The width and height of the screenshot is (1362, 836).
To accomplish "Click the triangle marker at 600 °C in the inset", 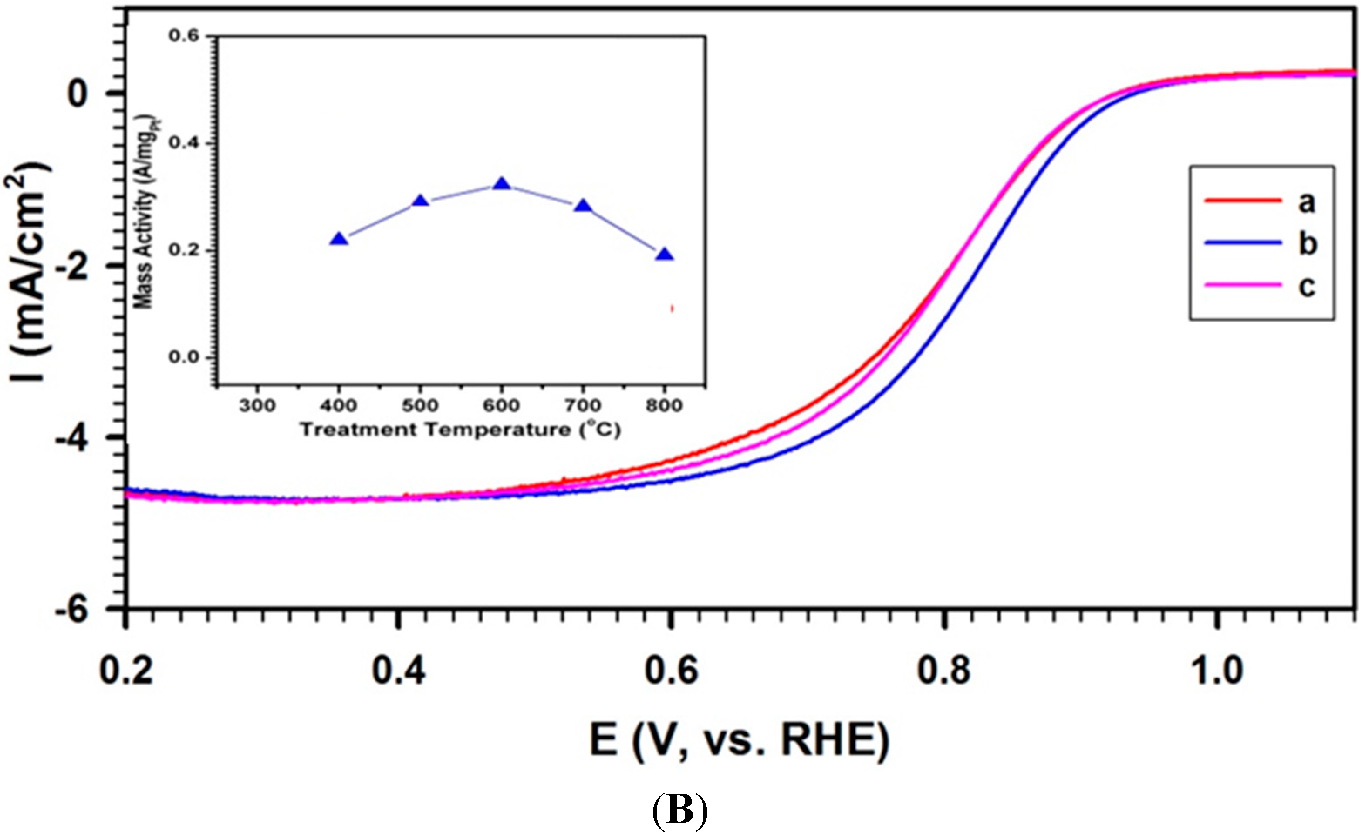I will coord(502,184).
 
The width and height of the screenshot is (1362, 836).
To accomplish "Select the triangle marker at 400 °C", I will coord(339,239).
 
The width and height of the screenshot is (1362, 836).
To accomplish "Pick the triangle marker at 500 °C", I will coord(420,201).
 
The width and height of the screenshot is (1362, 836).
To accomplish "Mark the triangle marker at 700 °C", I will coord(583,207).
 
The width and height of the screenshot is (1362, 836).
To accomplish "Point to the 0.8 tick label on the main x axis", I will coord(944,671).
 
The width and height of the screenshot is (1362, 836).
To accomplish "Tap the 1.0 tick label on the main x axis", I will coord(1216,671).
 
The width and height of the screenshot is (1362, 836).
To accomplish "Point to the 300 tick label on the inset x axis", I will coord(257,406).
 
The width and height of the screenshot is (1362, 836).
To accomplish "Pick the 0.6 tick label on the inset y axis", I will coord(183,36).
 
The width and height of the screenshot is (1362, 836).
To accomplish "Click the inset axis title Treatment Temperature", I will coord(460,430).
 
